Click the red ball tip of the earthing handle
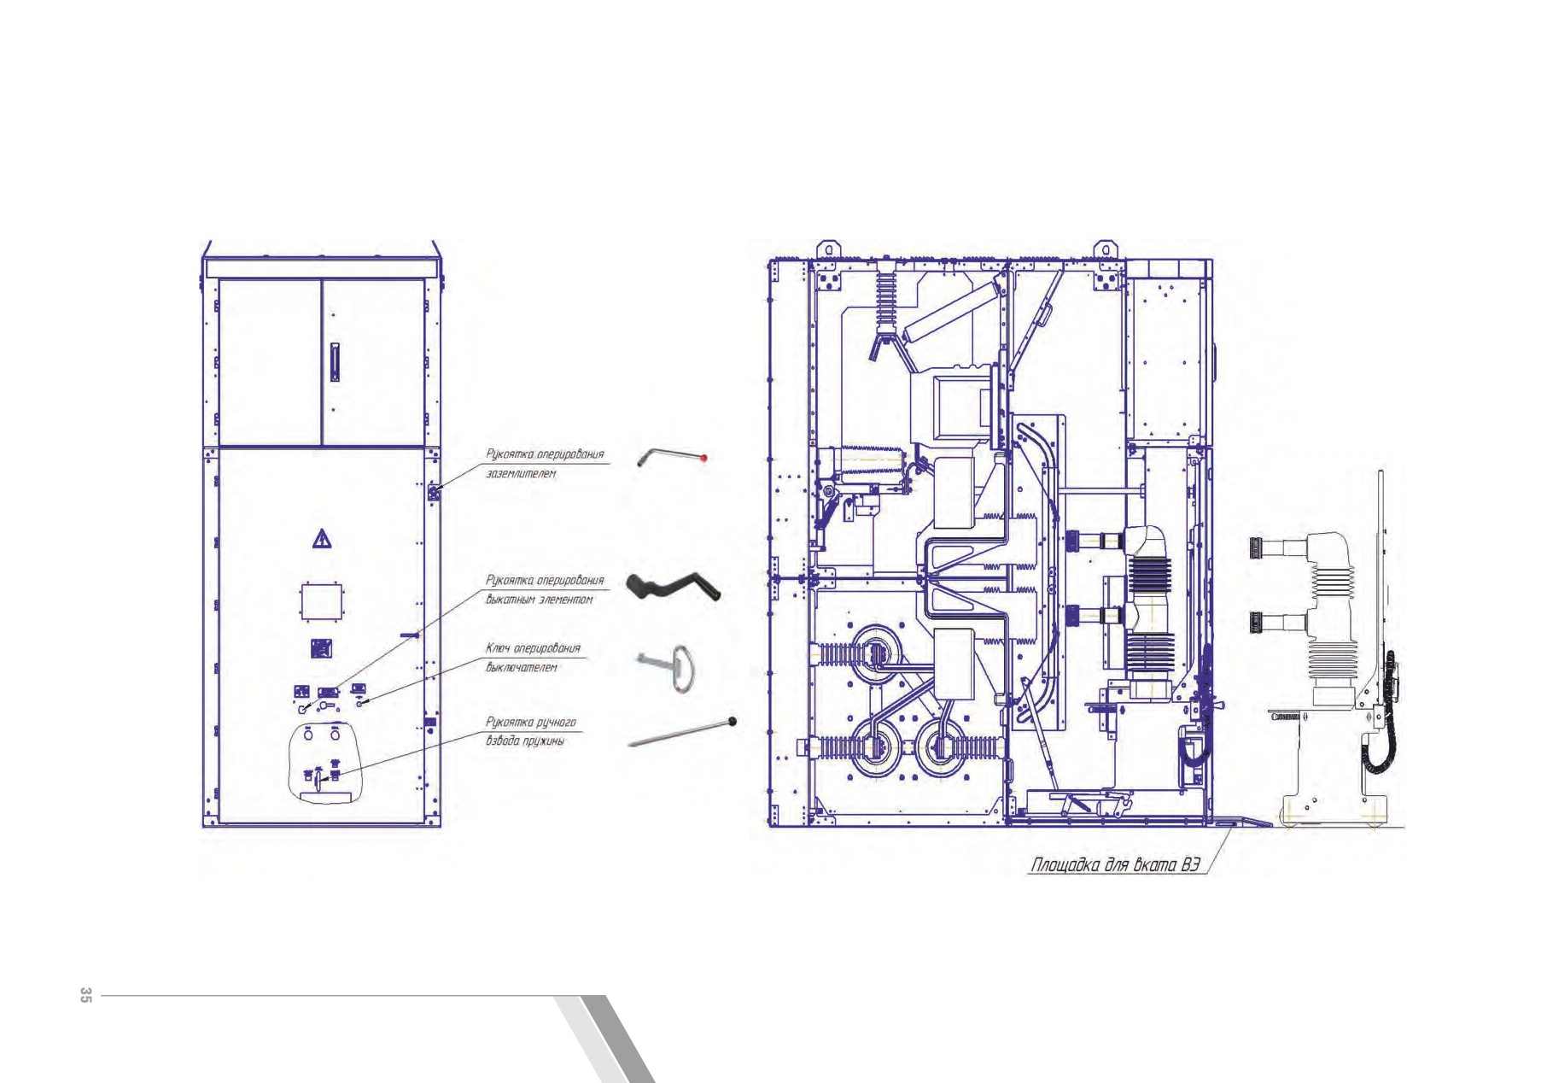pyautogui.click(x=704, y=459)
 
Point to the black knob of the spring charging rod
pyautogui.click(x=732, y=723)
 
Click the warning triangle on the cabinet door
pyautogui.click(x=322, y=539)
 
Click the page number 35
pyautogui.click(x=85, y=995)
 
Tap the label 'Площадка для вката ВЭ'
pyautogui.click(x=1116, y=865)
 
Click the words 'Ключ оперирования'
pyautogui.click(x=533, y=648)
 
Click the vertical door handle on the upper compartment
pyautogui.click(x=335, y=361)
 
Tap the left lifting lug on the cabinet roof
pyautogui.click(x=826, y=249)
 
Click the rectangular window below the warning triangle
pyautogui.click(x=321, y=602)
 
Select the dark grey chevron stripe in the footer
pyautogui.click(x=619, y=1039)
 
